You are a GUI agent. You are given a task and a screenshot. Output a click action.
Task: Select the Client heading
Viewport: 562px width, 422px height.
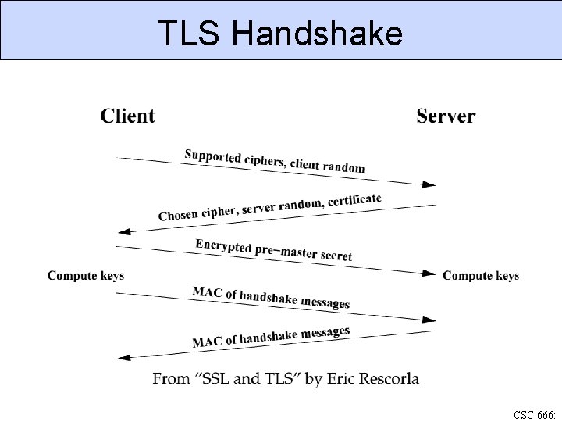tap(127, 116)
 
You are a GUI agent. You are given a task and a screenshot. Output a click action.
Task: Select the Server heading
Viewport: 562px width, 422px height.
tap(446, 116)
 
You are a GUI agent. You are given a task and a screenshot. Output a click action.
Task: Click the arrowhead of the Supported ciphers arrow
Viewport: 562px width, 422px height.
tap(429, 185)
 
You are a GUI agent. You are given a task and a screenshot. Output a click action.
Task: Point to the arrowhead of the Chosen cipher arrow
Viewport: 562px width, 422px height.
tap(123, 231)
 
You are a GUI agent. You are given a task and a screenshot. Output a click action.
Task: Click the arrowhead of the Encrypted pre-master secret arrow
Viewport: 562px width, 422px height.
tap(429, 274)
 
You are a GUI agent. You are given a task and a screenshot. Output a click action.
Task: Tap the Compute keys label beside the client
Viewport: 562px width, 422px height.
tap(86, 276)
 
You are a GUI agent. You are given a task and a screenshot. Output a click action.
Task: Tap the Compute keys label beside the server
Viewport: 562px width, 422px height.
tap(481, 276)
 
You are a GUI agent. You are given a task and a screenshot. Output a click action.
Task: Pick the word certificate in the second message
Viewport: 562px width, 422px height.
tap(355, 200)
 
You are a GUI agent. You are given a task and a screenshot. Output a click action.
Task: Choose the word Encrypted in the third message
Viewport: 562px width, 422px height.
tap(223, 246)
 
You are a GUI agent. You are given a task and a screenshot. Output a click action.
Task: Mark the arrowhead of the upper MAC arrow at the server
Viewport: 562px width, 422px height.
tap(429, 320)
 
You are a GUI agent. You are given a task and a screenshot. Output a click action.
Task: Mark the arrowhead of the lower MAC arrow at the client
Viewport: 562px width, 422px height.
tap(123, 357)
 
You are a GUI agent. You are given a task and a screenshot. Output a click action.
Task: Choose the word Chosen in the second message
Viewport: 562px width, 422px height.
tap(179, 214)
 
